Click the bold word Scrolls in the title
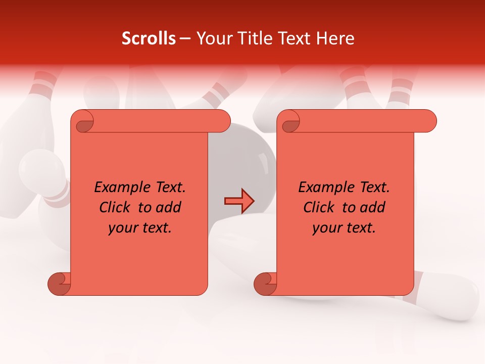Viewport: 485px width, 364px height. click(149, 38)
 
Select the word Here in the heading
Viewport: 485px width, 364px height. click(336, 38)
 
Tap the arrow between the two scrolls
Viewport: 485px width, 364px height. click(239, 201)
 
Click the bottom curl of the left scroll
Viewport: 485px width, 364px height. click(59, 284)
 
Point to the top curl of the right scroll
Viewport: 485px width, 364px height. click(289, 122)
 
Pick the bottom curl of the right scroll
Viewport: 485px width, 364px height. click(265, 284)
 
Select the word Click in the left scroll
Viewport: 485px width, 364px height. click(114, 208)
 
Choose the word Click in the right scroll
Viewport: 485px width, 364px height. click(318, 208)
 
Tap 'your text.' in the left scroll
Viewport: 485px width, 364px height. click(140, 229)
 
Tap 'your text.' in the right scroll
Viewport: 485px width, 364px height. click(344, 229)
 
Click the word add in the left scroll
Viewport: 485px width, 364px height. click(169, 208)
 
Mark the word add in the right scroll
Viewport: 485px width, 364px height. click(373, 208)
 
